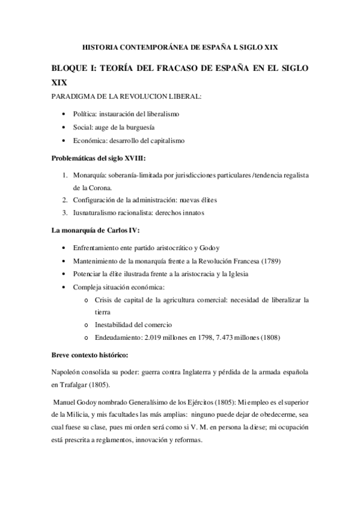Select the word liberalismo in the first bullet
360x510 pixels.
[175, 113]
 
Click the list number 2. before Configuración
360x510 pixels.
[66, 199]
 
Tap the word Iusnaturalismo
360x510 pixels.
[96, 212]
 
